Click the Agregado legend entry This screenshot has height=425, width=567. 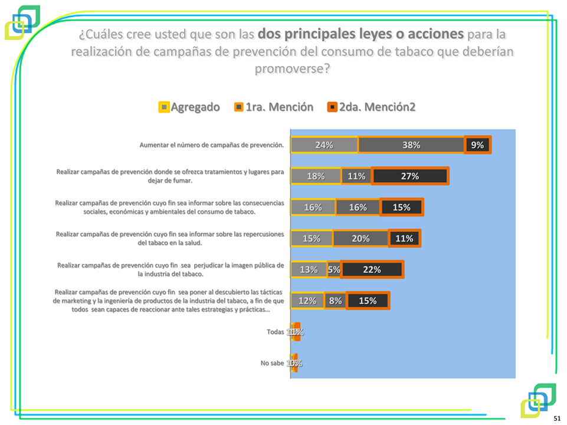[189, 107]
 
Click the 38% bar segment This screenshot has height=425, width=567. [411, 145]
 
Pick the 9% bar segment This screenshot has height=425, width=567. [477, 145]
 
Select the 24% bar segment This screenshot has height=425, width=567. [324, 145]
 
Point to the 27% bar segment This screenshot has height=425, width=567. [410, 176]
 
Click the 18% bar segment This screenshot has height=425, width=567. [316, 176]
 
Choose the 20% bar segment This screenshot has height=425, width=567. [360, 238]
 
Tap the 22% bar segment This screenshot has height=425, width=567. [372, 269]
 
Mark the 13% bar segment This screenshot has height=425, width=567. [309, 269]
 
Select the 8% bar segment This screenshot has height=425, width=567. [335, 301]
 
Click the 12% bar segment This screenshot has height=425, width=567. [307, 301]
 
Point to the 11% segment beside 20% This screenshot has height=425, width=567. [404, 238]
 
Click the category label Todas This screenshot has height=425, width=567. [275, 332]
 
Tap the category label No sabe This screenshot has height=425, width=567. [272, 363]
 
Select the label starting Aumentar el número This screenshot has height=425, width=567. [212, 144]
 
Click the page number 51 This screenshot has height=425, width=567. [556, 418]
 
